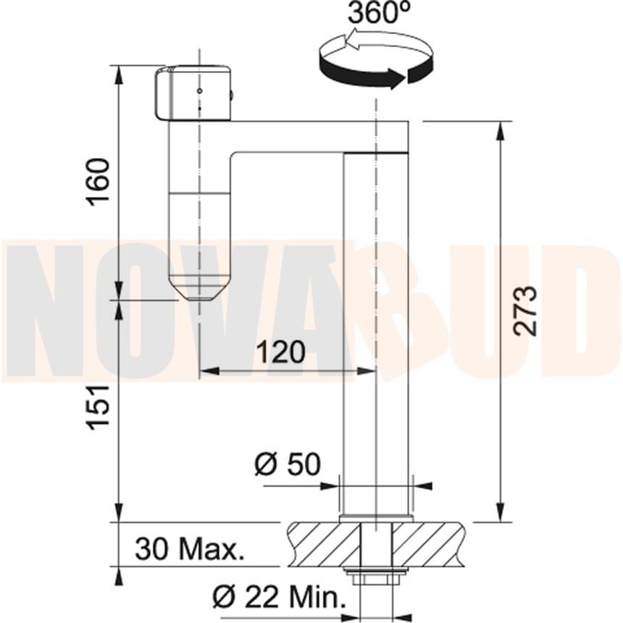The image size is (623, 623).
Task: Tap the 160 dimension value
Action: (x=98, y=183)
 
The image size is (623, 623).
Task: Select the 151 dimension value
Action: (x=98, y=407)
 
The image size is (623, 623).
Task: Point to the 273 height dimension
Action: (x=525, y=311)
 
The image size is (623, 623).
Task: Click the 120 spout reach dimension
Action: (x=281, y=352)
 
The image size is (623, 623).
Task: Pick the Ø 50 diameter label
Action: (x=288, y=464)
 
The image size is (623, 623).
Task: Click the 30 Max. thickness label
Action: (x=190, y=549)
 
